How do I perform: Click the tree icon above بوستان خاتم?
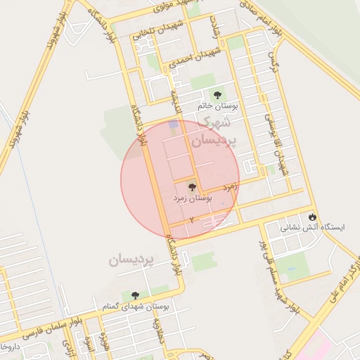point(217,94)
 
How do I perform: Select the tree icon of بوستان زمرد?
point(192,187)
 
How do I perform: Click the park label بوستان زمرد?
point(192,199)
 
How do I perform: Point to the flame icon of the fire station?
point(313,216)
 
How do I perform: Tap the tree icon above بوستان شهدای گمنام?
point(135,295)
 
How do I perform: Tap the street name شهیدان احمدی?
point(194,58)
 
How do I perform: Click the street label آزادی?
point(215,29)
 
